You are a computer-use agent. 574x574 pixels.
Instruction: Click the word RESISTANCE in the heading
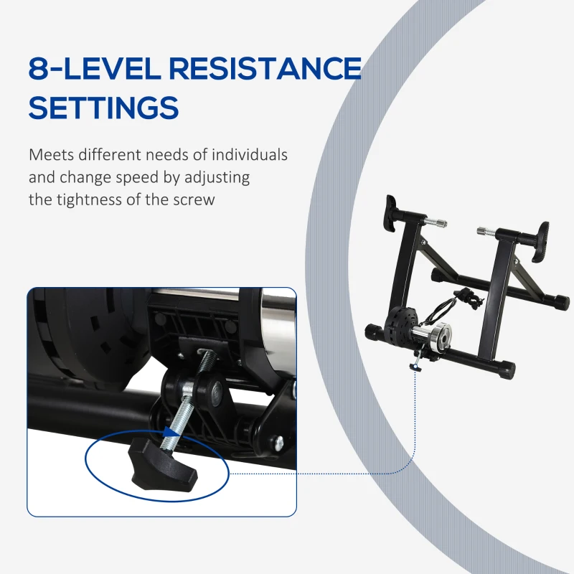pos(265,68)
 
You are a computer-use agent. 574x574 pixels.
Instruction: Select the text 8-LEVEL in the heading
pos(94,68)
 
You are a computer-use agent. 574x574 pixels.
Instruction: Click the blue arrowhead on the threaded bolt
pos(170,432)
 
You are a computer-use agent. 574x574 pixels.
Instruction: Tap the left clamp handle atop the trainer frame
pos(391,214)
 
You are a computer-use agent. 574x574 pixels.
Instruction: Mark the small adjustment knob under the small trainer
pos(415,367)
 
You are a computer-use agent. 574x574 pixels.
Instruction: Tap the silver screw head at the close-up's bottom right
pos(279,443)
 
